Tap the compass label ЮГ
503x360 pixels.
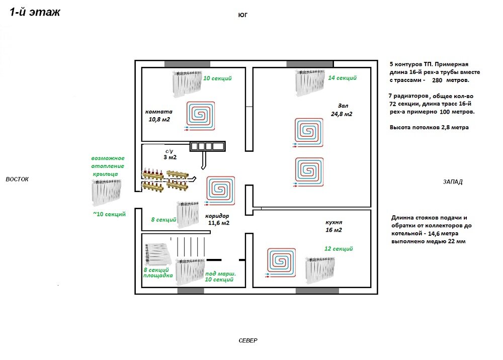[243, 15]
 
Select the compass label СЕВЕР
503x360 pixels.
[247, 340]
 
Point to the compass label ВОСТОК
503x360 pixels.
[18, 179]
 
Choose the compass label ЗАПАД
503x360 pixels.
[453, 182]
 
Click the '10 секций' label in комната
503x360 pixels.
[217, 78]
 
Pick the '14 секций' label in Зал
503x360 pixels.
[342, 78]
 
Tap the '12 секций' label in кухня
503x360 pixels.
[339, 249]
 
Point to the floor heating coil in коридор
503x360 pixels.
[219, 190]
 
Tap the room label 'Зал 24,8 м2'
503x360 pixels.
[341, 110]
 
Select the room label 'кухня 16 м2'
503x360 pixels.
[333, 226]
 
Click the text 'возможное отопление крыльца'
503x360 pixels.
[107, 166]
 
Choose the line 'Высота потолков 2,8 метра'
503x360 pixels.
[429, 127]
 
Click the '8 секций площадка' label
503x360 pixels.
[158, 273]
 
